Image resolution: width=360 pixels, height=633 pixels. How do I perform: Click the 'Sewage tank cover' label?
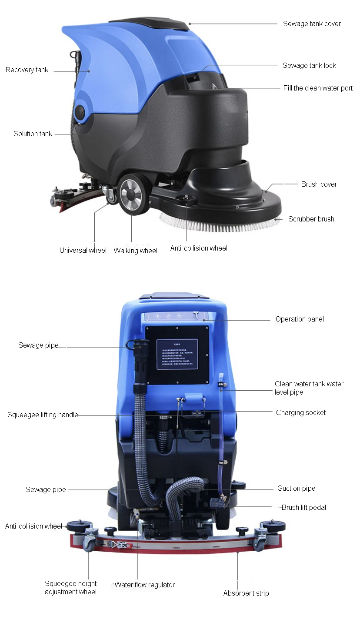tap(312, 23)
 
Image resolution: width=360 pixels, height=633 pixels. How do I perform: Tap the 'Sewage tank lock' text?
tap(309, 65)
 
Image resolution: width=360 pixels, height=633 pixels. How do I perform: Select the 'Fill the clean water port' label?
tap(318, 88)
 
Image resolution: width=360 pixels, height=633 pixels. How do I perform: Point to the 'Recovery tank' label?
tap(27, 70)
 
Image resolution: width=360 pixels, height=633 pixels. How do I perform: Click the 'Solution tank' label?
tap(33, 134)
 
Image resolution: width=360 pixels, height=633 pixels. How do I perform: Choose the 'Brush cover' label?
tap(319, 184)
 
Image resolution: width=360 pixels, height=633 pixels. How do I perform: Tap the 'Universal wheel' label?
tap(83, 250)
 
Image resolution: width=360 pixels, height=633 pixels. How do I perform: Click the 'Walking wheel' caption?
tap(135, 251)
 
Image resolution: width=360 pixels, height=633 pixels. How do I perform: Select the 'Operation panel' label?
tap(300, 319)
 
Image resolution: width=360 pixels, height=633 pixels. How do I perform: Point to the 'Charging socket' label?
tap(300, 412)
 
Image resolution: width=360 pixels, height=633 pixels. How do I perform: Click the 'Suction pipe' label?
tap(297, 488)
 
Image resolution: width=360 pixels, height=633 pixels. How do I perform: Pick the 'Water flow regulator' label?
tap(144, 585)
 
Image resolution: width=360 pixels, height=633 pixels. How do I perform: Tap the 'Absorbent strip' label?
tap(246, 593)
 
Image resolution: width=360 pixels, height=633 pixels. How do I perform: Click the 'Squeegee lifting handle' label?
tap(43, 415)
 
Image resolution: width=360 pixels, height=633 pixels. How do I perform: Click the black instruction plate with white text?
tap(177, 354)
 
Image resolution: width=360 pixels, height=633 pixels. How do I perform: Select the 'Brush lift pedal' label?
tap(303, 507)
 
